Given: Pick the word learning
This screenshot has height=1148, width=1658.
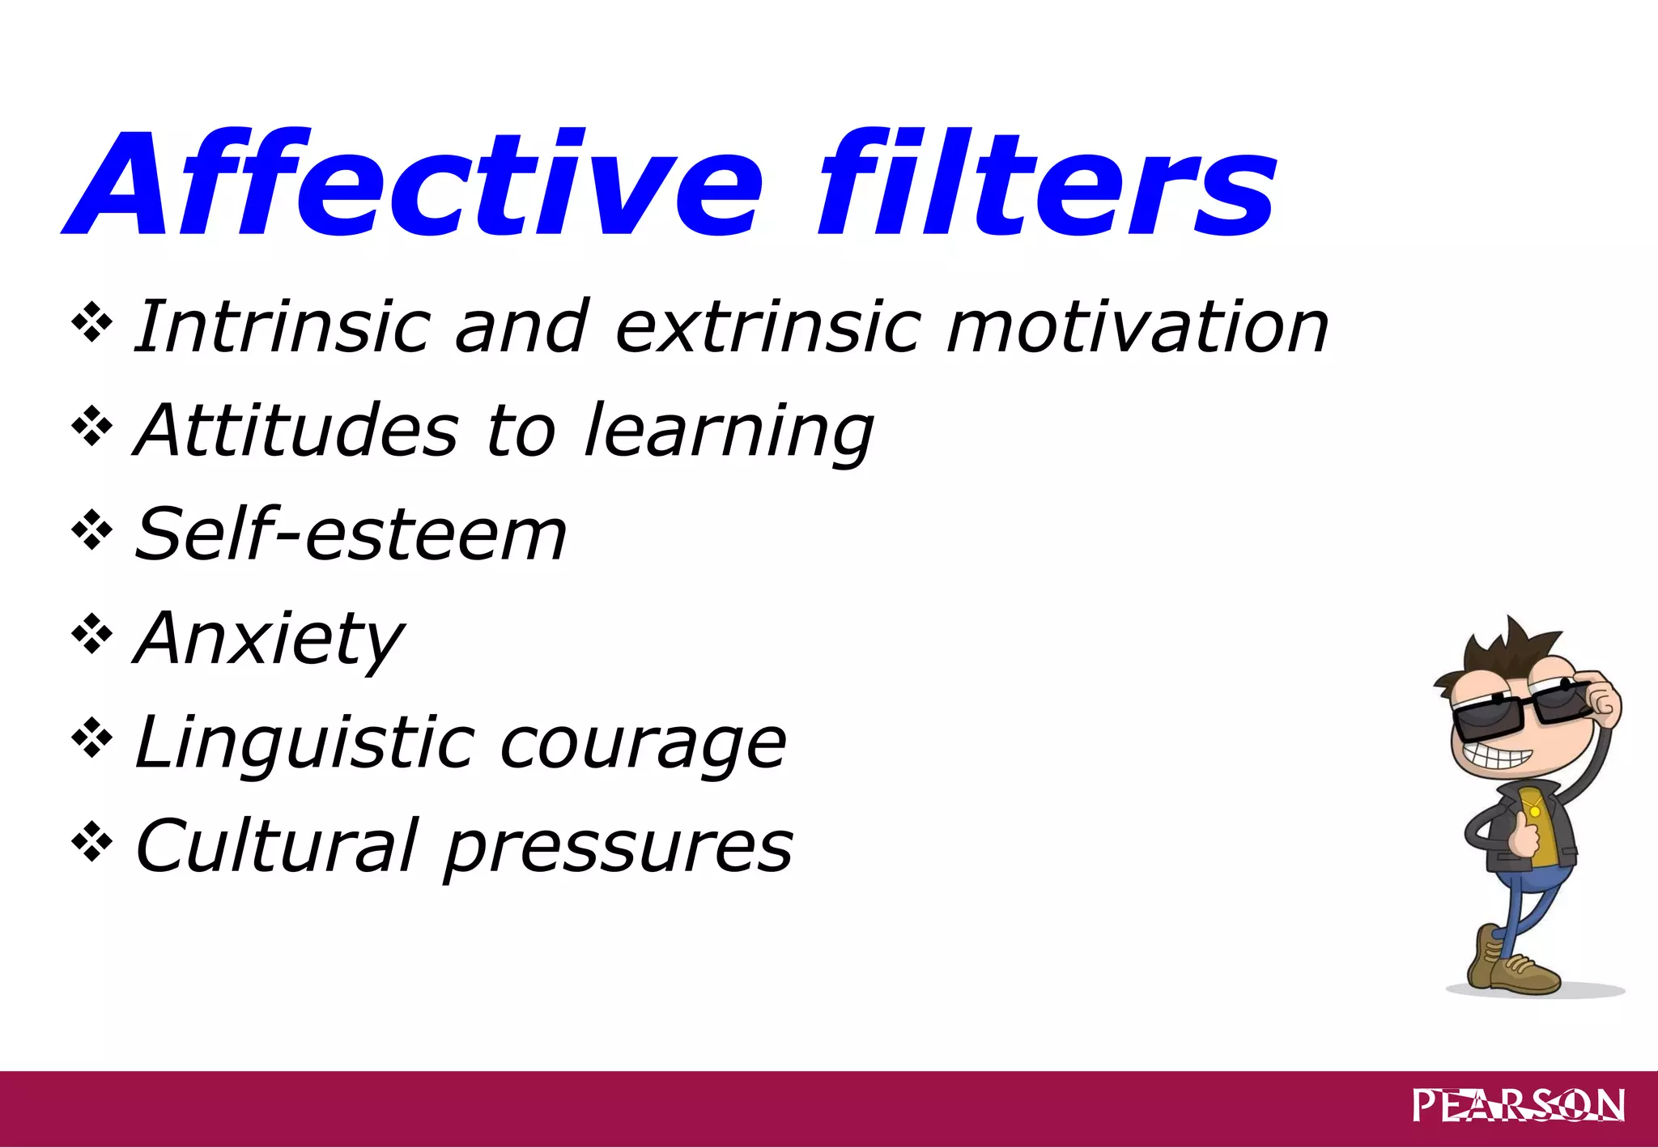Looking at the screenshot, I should click(x=729, y=432).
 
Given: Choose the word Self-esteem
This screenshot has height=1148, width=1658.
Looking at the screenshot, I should click(x=350, y=534).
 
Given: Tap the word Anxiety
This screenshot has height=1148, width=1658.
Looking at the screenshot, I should click(x=269, y=640).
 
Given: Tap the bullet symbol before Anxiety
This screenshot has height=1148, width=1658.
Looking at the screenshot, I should click(x=91, y=634).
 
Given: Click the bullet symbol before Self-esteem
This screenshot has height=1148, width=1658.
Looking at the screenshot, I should click(x=91, y=529).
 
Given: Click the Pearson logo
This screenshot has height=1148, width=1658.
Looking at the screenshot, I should click(x=1518, y=1105).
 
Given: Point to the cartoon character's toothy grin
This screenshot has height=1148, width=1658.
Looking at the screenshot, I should click(x=1498, y=758).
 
